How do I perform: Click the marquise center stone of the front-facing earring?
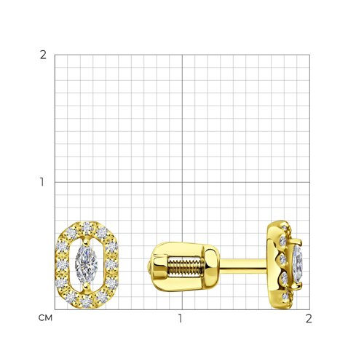[87, 265]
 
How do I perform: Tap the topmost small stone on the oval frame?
[87, 228]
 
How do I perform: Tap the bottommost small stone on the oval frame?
[86, 302]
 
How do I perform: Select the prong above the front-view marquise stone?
[86, 242]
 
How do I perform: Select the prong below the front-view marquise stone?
[86, 287]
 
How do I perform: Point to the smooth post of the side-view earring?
[244, 266]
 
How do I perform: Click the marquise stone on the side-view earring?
[298, 264]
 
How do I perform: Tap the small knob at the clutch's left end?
[149, 266]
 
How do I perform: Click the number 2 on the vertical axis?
[43, 55]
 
